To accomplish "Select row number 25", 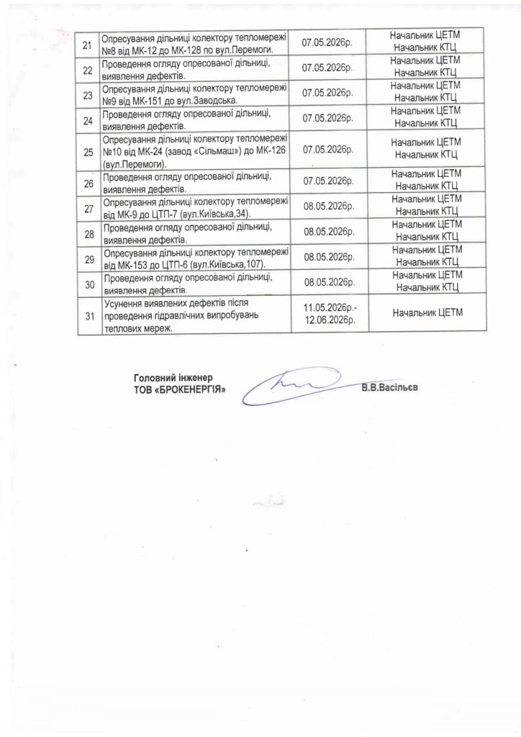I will pos(89,152).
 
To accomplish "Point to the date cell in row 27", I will pos(330,206).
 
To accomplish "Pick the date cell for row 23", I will pos(330,94).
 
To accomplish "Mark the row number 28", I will pos(89,234).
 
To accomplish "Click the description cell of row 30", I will pos(194,284).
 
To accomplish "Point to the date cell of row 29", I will pos(330,257).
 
